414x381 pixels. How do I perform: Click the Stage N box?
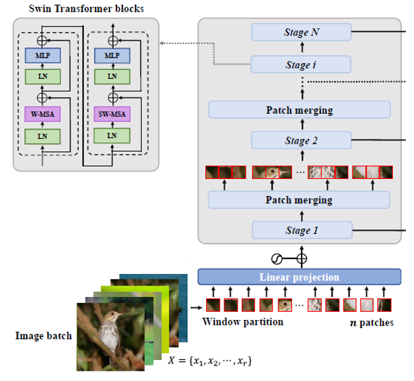click(x=301, y=32)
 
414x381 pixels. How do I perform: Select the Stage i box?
click(x=301, y=65)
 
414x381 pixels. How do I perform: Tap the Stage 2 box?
click(x=301, y=141)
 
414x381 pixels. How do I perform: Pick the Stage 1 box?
click(x=301, y=230)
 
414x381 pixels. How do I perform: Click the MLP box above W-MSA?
click(x=43, y=54)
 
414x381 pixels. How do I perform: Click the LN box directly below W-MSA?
click(x=43, y=136)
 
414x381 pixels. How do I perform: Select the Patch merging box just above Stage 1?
click(x=299, y=200)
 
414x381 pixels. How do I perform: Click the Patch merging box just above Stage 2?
click(x=299, y=110)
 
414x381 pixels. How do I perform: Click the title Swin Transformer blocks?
click(x=85, y=8)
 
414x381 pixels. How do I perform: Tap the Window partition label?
click(x=243, y=321)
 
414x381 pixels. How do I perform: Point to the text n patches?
click(x=370, y=322)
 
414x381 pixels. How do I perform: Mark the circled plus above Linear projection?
click(x=302, y=258)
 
